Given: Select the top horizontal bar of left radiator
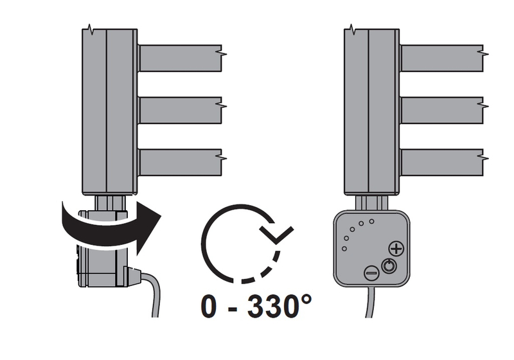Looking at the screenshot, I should [180, 58].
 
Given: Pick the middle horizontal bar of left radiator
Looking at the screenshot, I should [180, 110].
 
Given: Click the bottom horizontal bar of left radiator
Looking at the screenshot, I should [180, 163].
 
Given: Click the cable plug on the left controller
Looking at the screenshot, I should [132, 276].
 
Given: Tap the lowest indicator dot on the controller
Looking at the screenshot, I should [344, 249].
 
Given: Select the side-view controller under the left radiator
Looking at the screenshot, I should [103, 257].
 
